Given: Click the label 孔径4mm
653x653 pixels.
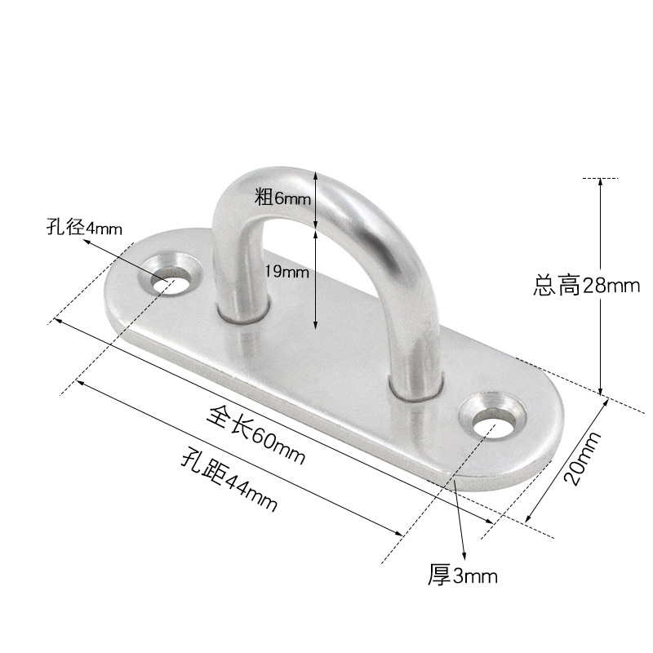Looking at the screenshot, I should click(84, 228).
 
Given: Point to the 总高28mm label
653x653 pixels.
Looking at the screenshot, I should click(585, 286).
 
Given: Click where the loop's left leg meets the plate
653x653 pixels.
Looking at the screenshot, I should click(242, 314).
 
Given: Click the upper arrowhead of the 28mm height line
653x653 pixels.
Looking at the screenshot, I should click(601, 182).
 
